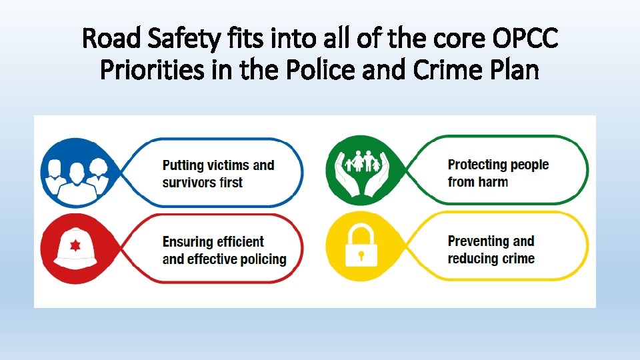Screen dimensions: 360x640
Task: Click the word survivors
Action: pos(189,182)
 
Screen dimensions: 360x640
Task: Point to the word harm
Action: pos(492,181)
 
